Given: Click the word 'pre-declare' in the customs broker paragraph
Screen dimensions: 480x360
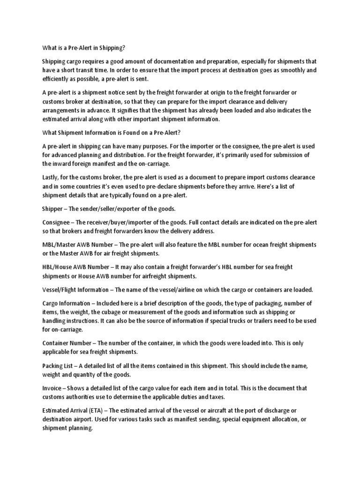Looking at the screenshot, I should pyautogui.click(x=188, y=187).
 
